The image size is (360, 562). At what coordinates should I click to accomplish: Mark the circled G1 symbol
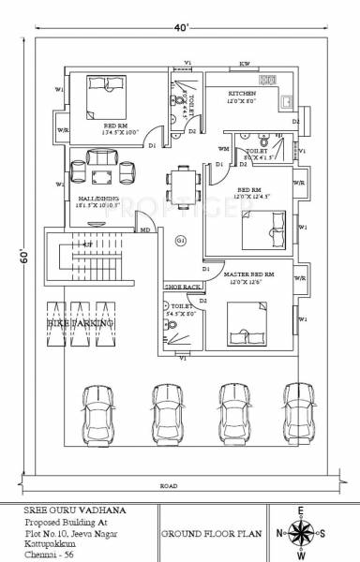[x=181, y=242]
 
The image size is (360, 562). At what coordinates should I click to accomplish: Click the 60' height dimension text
[x=21, y=256]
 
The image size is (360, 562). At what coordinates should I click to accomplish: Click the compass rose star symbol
[x=303, y=534]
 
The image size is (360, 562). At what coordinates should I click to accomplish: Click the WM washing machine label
[x=223, y=149]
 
